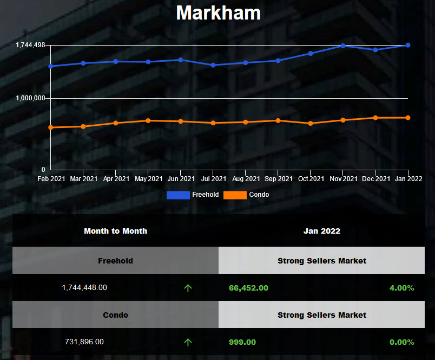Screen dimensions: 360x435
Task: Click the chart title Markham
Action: (x=218, y=12)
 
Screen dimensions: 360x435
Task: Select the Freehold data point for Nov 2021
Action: (x=343, y=46)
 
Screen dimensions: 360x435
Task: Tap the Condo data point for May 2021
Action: (x=148, y=120)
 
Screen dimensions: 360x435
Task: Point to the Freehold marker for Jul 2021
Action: (x=213, y=65)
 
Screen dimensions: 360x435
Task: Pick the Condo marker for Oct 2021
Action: (x=311, y=123)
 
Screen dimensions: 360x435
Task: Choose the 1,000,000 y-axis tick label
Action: (x=30, y=98)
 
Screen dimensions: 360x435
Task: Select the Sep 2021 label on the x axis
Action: (x=279, y=178)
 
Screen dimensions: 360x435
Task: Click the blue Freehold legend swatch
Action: (x=178, y=195)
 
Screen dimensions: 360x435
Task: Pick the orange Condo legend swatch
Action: (x=235, y=195)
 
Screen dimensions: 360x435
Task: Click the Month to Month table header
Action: (x=115, y=231)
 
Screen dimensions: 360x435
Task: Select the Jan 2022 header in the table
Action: (x=322, y=231)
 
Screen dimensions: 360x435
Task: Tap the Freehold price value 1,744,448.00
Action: (x=84, y=288)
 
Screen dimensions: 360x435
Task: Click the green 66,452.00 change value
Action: (x=248, y=288)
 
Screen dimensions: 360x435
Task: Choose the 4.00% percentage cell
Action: (x=401, y=288)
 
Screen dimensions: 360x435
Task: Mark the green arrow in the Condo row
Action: (x=188, y=342)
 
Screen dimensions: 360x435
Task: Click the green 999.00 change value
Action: (x=242, y=342)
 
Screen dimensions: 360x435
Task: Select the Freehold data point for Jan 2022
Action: (x=408, y=45)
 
